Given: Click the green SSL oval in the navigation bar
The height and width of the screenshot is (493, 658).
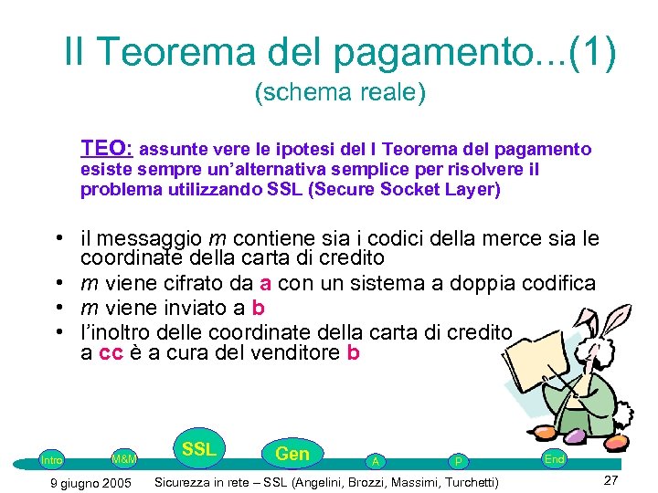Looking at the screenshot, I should [x=198, y=448].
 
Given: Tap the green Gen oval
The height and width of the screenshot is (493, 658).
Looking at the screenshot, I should [x=292, y=454].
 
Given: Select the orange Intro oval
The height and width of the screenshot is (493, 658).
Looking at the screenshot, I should [x=52, y=460].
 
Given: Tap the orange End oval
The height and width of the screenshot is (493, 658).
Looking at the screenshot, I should [x=554, y=459].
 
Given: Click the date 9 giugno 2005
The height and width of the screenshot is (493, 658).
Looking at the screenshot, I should [x=90, y=482].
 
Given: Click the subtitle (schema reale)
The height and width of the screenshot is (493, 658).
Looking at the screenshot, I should [x=341, y=92].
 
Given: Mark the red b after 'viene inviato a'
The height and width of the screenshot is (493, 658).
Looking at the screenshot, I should [x=258, y=308].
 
